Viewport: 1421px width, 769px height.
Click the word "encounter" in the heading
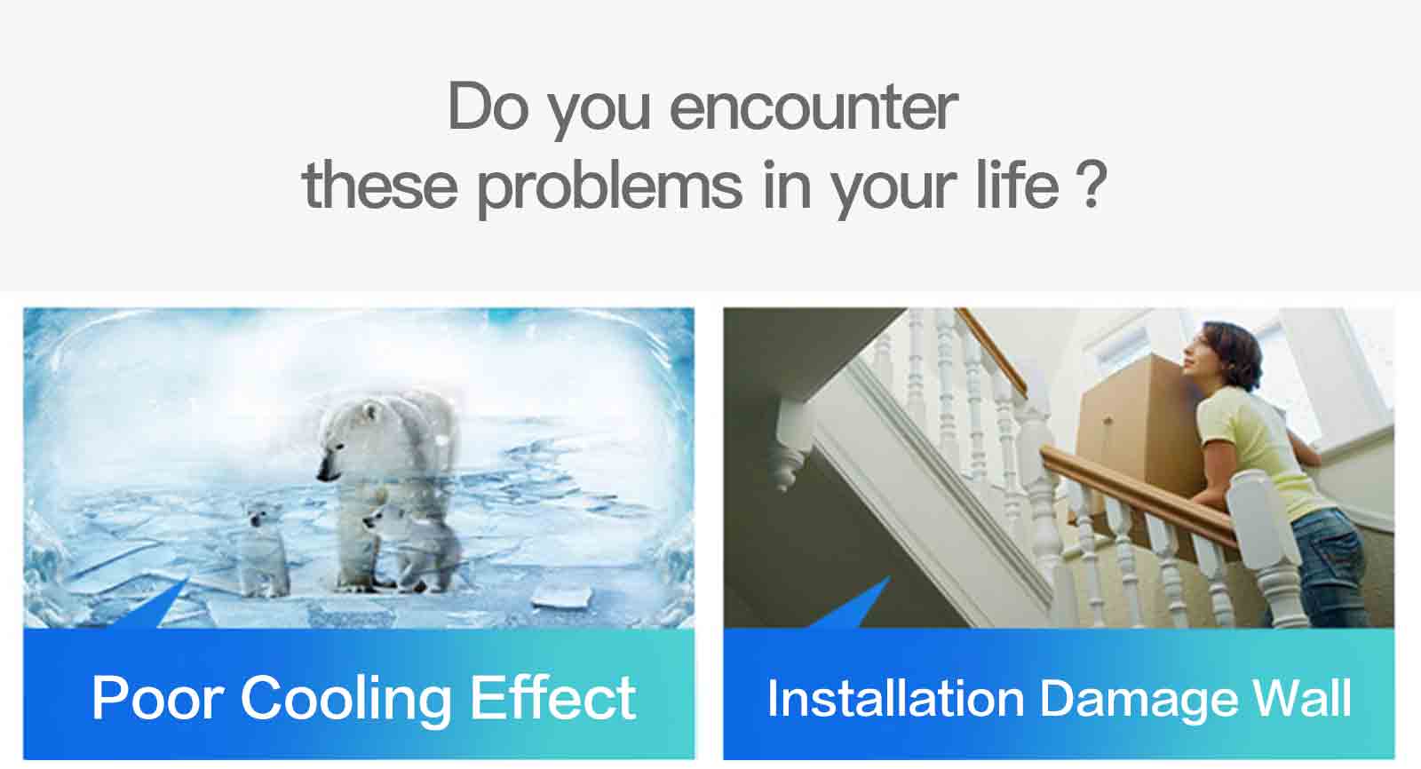point(814,107)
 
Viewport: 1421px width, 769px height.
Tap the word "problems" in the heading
point(609,187)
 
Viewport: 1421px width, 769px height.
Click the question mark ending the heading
point(1092,184)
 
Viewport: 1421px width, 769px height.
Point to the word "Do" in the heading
point(488,106)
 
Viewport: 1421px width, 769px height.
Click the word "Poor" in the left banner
point(157,698)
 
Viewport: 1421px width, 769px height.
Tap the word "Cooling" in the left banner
point(345,701)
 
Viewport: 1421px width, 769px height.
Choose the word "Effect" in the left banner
point(552,697)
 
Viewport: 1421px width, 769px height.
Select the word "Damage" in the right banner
point(1139,701)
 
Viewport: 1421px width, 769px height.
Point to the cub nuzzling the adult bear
point(412,545)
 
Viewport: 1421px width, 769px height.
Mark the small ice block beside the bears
point(562,596)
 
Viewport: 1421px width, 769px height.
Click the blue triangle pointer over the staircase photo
point(853,606)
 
